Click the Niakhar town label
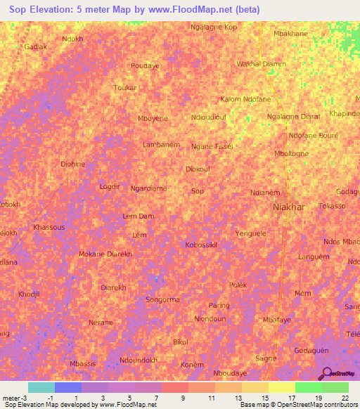tap(288, 207)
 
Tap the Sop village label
tap(198, 190)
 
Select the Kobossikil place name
tap(201, 245)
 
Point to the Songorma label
tap(162, 299)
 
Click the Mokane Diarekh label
tap(105, 254)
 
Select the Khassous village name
tap(49, 228)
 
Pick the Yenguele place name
tap(251, 232)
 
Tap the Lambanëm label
tap(162, 145)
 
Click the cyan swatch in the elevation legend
tap(41, 387)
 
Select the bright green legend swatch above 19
tap(308, 387)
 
